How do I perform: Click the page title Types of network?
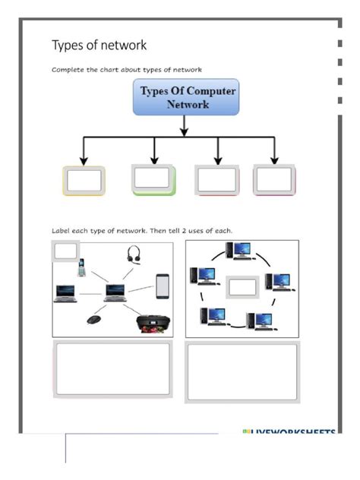click(x=99, y=46)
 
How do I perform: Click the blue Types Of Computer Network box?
click(x=185, y=98)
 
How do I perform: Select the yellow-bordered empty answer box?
click(x=84, y=181)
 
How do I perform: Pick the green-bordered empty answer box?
click(x=153, y=179)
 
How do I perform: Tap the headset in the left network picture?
click(x=134, y=254)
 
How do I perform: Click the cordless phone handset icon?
click(x=81, y=267)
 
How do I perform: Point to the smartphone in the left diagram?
click(x=162, y=286)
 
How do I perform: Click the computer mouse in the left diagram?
click(x=94, y=319)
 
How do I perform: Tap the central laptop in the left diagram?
click(x=115, y=292)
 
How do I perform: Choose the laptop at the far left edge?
click(x=65, y=293)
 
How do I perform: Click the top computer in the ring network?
click(x=242, y=251)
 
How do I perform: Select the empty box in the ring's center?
click(x=243, y=287)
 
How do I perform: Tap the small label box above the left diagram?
click(x=66, y=251)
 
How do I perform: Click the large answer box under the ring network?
click(x=242, y=371)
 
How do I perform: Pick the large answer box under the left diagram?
click(x=112, y=369)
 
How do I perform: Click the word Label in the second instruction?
click(x=62, y=230)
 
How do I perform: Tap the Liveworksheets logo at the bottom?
click(x=289, y=433)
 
